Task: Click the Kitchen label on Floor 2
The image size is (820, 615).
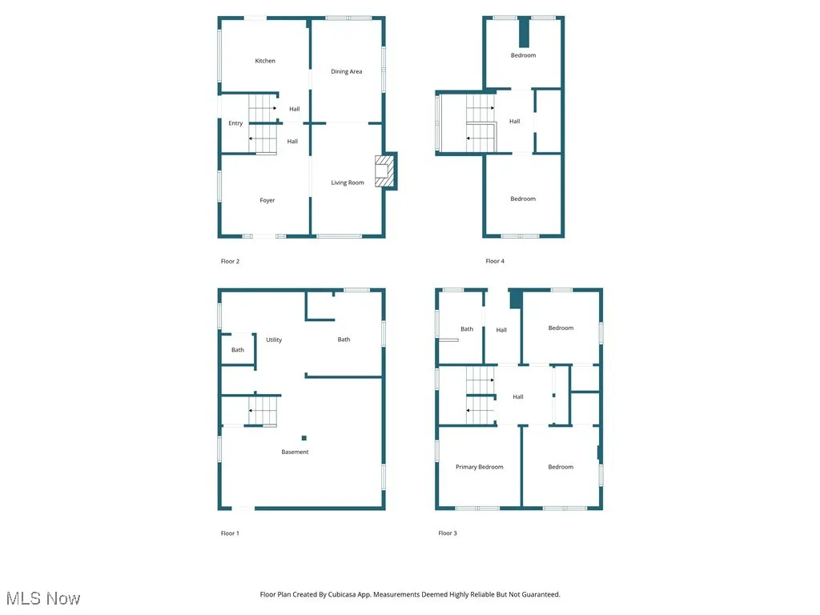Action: [265, 61]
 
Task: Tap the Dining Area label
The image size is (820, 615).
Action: [347, 71]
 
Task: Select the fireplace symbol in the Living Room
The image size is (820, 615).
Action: [384, 171]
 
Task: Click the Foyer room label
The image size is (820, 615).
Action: [267, 200]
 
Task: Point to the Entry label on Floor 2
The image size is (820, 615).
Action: [235, 123]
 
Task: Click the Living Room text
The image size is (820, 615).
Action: [348, 183]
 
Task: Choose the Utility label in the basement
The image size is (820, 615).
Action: [274, 340]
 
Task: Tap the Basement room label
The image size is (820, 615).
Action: [295, 452]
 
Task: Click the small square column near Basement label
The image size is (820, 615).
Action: [304, 438]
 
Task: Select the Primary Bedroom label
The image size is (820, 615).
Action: [480, 467]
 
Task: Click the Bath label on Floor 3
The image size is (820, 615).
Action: [467, 328]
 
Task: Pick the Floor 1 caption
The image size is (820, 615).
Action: [230, 533]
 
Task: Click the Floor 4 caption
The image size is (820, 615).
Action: [495, 261]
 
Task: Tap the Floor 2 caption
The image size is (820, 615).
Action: [230, 261]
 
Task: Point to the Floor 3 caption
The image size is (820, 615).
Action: [448, 533]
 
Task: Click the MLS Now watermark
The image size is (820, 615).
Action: [43, 598]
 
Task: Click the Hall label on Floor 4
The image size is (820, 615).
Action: [515, 121]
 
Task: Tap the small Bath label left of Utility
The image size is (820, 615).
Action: [238, 350]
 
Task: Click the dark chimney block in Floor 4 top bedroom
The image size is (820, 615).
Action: [525, 34]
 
